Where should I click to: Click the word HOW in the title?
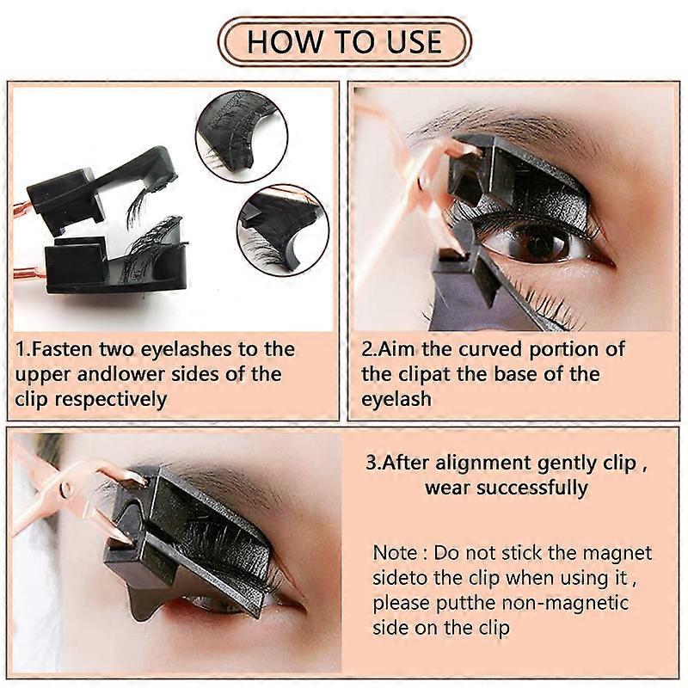tap(285, 42)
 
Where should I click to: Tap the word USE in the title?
tap(415, 42)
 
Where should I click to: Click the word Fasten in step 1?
tap(62, 349)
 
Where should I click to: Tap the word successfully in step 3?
tap(531, 488)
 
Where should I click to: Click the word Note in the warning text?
tap(395, 553)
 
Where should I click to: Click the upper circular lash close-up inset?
tap(242, 136)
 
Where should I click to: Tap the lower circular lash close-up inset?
tap(283, 230)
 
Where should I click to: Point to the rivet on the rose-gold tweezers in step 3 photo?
tap(66, 488)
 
